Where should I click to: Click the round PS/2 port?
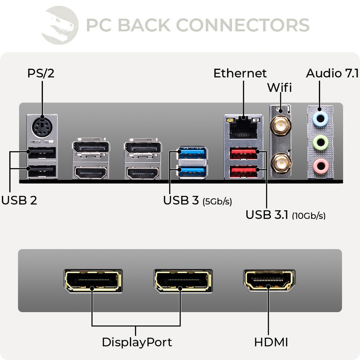(42, 128)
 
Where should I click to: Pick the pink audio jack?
(320, 165)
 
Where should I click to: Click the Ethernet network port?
(243, 127)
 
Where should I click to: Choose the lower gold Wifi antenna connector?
(281, 163)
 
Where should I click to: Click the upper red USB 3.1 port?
(243, 154)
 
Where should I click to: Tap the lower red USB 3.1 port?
(243, 172)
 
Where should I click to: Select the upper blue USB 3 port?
(192, 153)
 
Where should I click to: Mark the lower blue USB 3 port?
(192, 172)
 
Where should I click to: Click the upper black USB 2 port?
(42, 153)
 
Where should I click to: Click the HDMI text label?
(271, 342)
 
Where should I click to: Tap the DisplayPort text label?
(137, 342)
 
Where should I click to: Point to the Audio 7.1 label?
(332, 73)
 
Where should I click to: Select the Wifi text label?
(279, 88)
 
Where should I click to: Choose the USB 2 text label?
(19, 200)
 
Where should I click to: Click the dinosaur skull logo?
(60, 25)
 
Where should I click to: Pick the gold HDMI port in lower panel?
(269, 281)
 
